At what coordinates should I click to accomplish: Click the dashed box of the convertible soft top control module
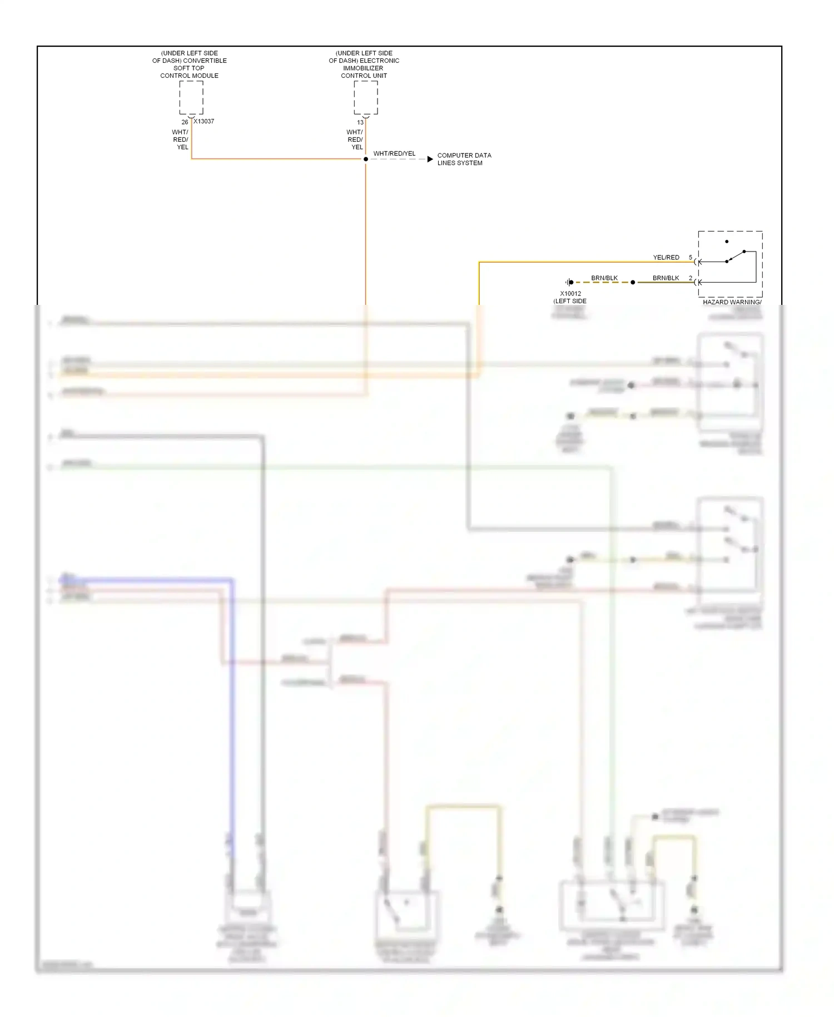point(191,98)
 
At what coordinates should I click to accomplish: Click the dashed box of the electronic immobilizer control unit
point(366,98)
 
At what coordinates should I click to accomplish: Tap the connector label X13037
point(204,121)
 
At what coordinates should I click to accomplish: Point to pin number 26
point(185,122)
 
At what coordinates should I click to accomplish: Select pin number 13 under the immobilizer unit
point(360,122)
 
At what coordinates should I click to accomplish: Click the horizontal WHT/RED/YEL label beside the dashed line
point(394,154)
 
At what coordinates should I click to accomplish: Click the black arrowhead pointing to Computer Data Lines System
point(430,159)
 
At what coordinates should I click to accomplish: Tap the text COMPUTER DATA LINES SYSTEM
point(464,159)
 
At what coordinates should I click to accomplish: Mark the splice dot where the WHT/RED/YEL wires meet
point(366,159)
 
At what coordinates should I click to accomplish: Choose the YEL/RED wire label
point(666,258)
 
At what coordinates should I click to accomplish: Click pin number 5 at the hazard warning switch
point(691,258)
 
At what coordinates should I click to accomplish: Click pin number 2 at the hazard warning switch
point(691,278)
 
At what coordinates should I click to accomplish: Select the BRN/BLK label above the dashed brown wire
point(604,278)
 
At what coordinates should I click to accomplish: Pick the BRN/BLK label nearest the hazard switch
point(666,278)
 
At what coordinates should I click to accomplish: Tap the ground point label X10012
point(570,294)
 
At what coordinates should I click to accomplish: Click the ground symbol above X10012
point(569,283)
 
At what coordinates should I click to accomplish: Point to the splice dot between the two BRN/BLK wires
point(633,283)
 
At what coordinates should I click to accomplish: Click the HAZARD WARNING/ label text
point(732,302)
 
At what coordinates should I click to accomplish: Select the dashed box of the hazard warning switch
point(730,264)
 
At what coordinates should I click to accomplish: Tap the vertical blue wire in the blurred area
point(232,723)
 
